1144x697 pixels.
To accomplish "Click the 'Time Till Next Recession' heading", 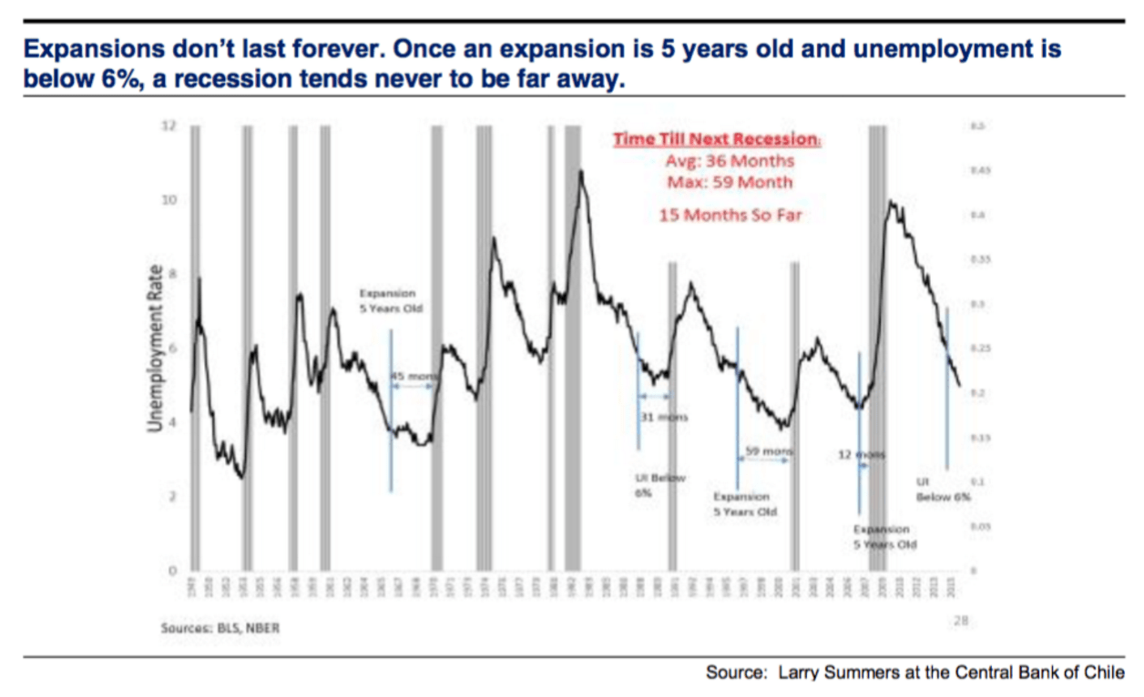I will (716, 139).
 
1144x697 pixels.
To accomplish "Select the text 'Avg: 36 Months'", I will (730, 161).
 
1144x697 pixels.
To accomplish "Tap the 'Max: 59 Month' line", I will (730, 182).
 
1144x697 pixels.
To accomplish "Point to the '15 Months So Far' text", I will (730, 216).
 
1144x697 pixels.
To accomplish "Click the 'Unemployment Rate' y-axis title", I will (156, 348).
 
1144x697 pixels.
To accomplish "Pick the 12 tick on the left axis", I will (168, 126).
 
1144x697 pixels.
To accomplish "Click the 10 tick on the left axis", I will (168, 200).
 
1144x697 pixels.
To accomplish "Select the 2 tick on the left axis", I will (169, 497).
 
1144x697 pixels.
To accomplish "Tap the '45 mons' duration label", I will (414, 376).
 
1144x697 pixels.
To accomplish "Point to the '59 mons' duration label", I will (770, 451).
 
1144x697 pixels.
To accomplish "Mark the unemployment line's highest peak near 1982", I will (580, 170).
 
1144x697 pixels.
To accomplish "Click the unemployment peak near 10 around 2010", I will (889, 202).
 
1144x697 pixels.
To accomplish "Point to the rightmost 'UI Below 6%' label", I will (943, 490).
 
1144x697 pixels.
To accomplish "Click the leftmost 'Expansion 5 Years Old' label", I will (387, 300).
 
